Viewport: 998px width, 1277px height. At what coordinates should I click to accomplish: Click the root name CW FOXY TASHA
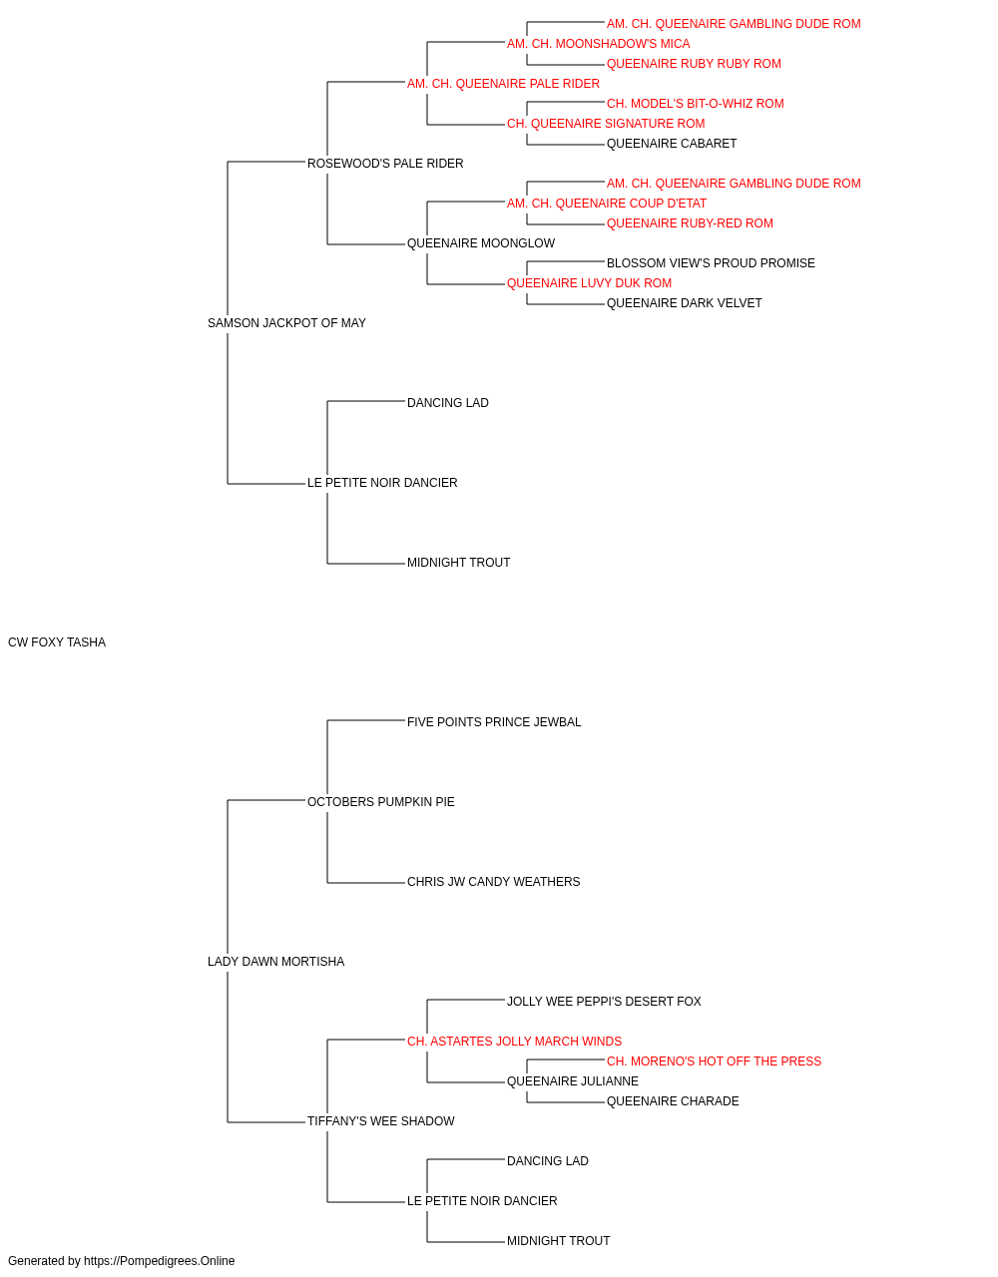pyautogui.click(x=57, y=642)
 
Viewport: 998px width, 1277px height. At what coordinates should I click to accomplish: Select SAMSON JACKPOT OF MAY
pyautogui.click(x=286, y=323)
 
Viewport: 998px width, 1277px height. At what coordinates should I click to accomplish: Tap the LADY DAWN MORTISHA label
pyautogui.click(x=275, y=962)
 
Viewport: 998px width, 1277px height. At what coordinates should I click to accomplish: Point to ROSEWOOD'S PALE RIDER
pyautogui.click(x=385, y=164)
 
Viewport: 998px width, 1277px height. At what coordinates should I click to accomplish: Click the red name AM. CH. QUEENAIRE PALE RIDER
pyautogui.click(x=503, y=84)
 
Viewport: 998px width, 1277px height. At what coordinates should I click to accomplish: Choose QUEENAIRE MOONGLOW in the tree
pyautogui.click(x=481, y=243)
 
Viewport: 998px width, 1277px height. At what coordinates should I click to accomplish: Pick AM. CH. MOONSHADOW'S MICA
pyautogui.click(x=599, y=44)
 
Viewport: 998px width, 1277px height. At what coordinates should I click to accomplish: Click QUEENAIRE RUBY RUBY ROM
pyautogui.click(x=694, y=64)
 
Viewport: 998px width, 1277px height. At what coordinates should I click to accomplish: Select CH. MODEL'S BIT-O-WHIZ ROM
pyautogui.click(x=696, y=104)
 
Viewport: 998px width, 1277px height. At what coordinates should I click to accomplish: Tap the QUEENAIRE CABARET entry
pyautogui.click(x=672, y=144)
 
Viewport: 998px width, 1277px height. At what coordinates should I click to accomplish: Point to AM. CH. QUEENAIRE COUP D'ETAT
pyautogui.click(x=607, y=204)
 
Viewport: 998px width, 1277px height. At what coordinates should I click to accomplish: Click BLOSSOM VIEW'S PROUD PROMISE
pyautogui.click(x=711, y=263)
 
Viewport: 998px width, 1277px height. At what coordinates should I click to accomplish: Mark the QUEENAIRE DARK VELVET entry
pyautogui.click(x=685, y=303)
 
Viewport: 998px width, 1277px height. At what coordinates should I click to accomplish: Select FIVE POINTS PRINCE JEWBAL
pyautogui.click(x=494, y=722)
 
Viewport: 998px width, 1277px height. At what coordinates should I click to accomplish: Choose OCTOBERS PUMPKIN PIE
pyautogui.click(x=381, y=802)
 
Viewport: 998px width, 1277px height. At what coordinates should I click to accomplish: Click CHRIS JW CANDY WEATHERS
pyautogui.click(x=493, y=882)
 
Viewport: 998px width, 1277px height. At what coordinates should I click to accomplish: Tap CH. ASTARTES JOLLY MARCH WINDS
pyautogui.click(x=514, y=1042)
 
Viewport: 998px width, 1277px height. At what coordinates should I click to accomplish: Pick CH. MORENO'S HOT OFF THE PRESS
pyautogui.click(x=715, y=1062)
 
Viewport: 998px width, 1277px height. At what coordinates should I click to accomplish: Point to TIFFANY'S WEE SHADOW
pyautogui.click(x=381, y=1121)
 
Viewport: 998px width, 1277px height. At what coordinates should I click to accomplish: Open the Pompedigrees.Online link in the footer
pyautogui.click(x=160, y=1261)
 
